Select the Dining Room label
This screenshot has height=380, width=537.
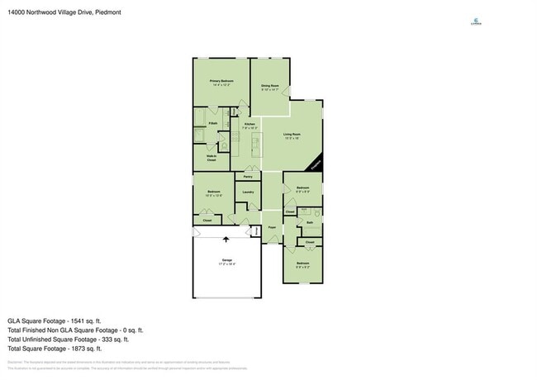pos(270,86)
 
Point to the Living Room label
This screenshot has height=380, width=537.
pos(292,135)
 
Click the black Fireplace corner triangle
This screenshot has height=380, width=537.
pos(317,166)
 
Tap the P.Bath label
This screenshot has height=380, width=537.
pos(212,123)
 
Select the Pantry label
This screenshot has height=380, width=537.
pos(248,177)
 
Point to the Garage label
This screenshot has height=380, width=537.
pos(226,260)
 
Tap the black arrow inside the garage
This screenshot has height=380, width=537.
pos(227,240)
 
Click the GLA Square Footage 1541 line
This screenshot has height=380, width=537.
pos(54,320)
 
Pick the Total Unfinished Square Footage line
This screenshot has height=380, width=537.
pos(68,339)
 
